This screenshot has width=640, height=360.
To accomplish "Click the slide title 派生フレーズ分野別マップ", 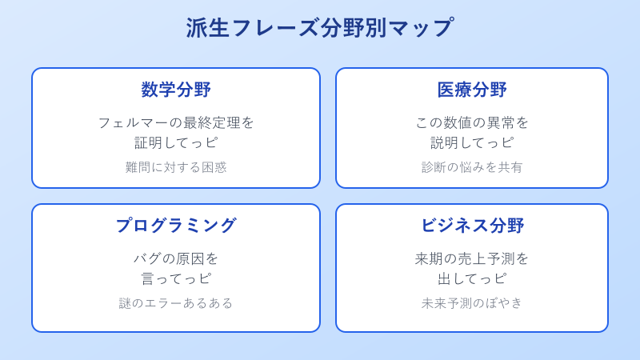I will [x=320, y=28].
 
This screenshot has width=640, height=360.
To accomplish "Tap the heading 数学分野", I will [x=176, y=90].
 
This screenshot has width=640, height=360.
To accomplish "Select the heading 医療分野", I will [x=472, y=90].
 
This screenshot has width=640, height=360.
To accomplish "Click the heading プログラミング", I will [x=176, y=226].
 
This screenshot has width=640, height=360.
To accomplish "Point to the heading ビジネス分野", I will [x=472, y=226].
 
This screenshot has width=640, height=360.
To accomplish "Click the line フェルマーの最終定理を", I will [x=176, y=122].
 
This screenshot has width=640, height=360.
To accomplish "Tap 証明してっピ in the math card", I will [x=176, y=142].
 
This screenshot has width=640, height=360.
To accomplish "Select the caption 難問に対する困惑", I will [x=176, y=167].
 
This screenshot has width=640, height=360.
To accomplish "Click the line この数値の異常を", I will [x=472, y=122].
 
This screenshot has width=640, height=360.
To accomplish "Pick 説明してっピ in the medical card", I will [x=472, y=142].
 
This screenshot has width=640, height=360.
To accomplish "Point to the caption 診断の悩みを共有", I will [x=472, y=167].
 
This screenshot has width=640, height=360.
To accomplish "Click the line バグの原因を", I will [x=176, y=258].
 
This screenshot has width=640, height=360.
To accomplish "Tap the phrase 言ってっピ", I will [x=176, y=278].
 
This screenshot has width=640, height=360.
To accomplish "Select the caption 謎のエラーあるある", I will [x=176, y=303].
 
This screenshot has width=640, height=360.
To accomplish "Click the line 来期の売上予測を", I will [x=472, y=258].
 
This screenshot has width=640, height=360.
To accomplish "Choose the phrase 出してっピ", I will [x=472, y=278].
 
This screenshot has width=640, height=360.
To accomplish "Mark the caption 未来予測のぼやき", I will [x=472, y=303].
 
